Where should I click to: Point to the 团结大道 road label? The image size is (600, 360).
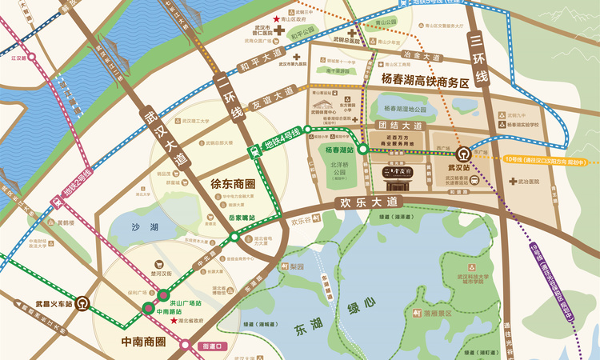pos(399,126)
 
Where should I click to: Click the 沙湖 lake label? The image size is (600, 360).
pos(144,227)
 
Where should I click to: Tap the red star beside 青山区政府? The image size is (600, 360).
pos(277,18)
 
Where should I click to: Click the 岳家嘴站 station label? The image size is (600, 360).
pos(242,217)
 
